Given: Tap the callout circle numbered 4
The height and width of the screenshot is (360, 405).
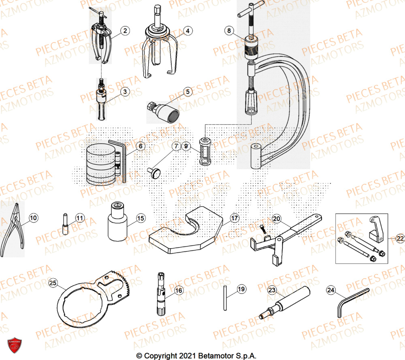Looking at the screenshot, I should pyautogui.click(x=188, y=30).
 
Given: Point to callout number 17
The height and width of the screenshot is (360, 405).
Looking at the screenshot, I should pyautogui.click(x=234, y=218).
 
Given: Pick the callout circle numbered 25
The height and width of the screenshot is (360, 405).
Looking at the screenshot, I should pyautogui.click(x=53, y=283).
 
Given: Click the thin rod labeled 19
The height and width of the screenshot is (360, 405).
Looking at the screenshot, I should pyautogui.click(x=224, y=298).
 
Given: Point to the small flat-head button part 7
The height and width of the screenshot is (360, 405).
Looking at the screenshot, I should pyautogui.click(x=155, y=173).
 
